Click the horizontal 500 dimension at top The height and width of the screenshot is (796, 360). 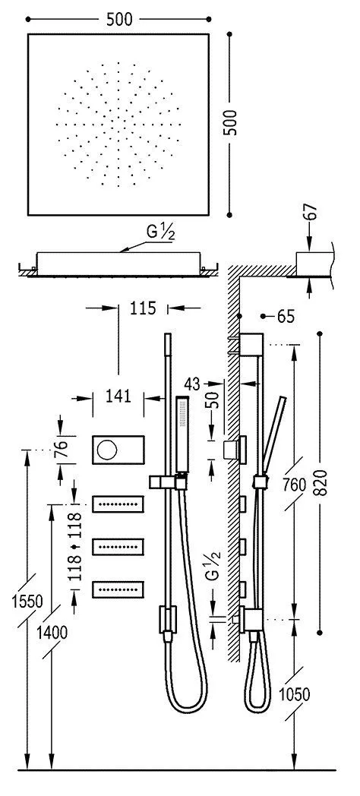click(x=119, y=21)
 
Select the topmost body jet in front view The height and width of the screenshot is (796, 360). click(x=118, y=504)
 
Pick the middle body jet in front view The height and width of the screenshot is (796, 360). click(x=118, y=546)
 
